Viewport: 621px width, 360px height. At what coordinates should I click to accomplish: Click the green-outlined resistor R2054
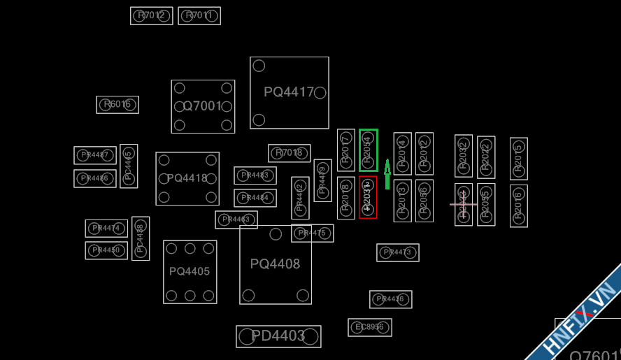tap(369, 150)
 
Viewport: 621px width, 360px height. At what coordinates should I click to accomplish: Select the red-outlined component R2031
tap(368, 197)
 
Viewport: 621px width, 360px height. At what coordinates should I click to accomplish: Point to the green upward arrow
tap(387, 174)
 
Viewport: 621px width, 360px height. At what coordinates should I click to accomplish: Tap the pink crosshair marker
tap(463, 204)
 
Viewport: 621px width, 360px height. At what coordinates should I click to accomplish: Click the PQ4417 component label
tap(289, 92)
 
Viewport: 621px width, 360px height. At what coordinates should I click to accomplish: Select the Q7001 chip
tap(203, 106)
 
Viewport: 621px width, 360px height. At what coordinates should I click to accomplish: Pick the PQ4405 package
tap(190, 271)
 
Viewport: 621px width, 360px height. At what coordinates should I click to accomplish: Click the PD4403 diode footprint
tap(278, 336)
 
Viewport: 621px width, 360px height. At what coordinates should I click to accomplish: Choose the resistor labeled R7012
tap(152, 15)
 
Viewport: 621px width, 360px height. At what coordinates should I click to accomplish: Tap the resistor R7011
tap(199, 15)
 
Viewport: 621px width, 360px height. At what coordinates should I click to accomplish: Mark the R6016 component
tap(117, 105)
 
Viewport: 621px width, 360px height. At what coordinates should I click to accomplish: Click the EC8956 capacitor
tap(370, 327)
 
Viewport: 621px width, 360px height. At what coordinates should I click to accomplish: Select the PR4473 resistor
tap(398, 252)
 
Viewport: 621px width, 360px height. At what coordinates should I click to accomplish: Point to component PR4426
tap(390, 299)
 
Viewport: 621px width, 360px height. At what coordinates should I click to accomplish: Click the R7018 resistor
tap(289, 153)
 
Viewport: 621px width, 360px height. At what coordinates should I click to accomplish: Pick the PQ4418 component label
tap(187, 178)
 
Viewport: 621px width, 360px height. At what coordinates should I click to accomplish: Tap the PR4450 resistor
tap(106, 250)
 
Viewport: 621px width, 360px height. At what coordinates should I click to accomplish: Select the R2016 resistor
tap(519, 206)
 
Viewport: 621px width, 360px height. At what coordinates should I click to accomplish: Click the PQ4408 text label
tap(275, 264)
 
